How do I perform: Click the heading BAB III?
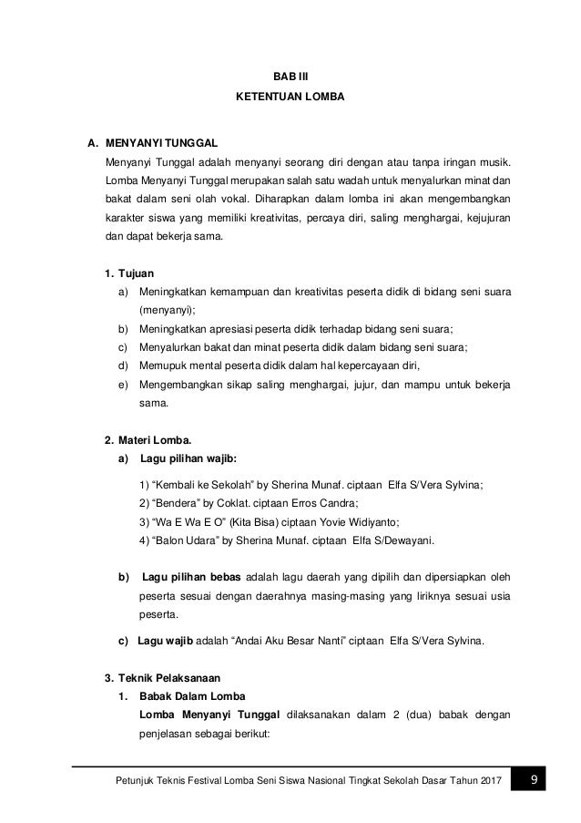(x=290, y=77)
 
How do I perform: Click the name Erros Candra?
(x=327, y=503)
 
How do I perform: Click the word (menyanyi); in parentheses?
(x=166, y=311)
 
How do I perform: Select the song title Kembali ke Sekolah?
(x=194, y=485)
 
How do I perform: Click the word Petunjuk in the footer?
(x=129, y=781)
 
